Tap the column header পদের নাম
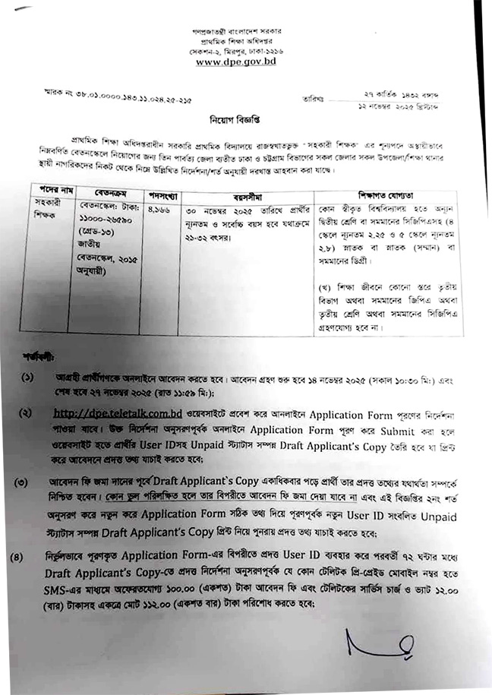pyautogui.click(x=49, y=187)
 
